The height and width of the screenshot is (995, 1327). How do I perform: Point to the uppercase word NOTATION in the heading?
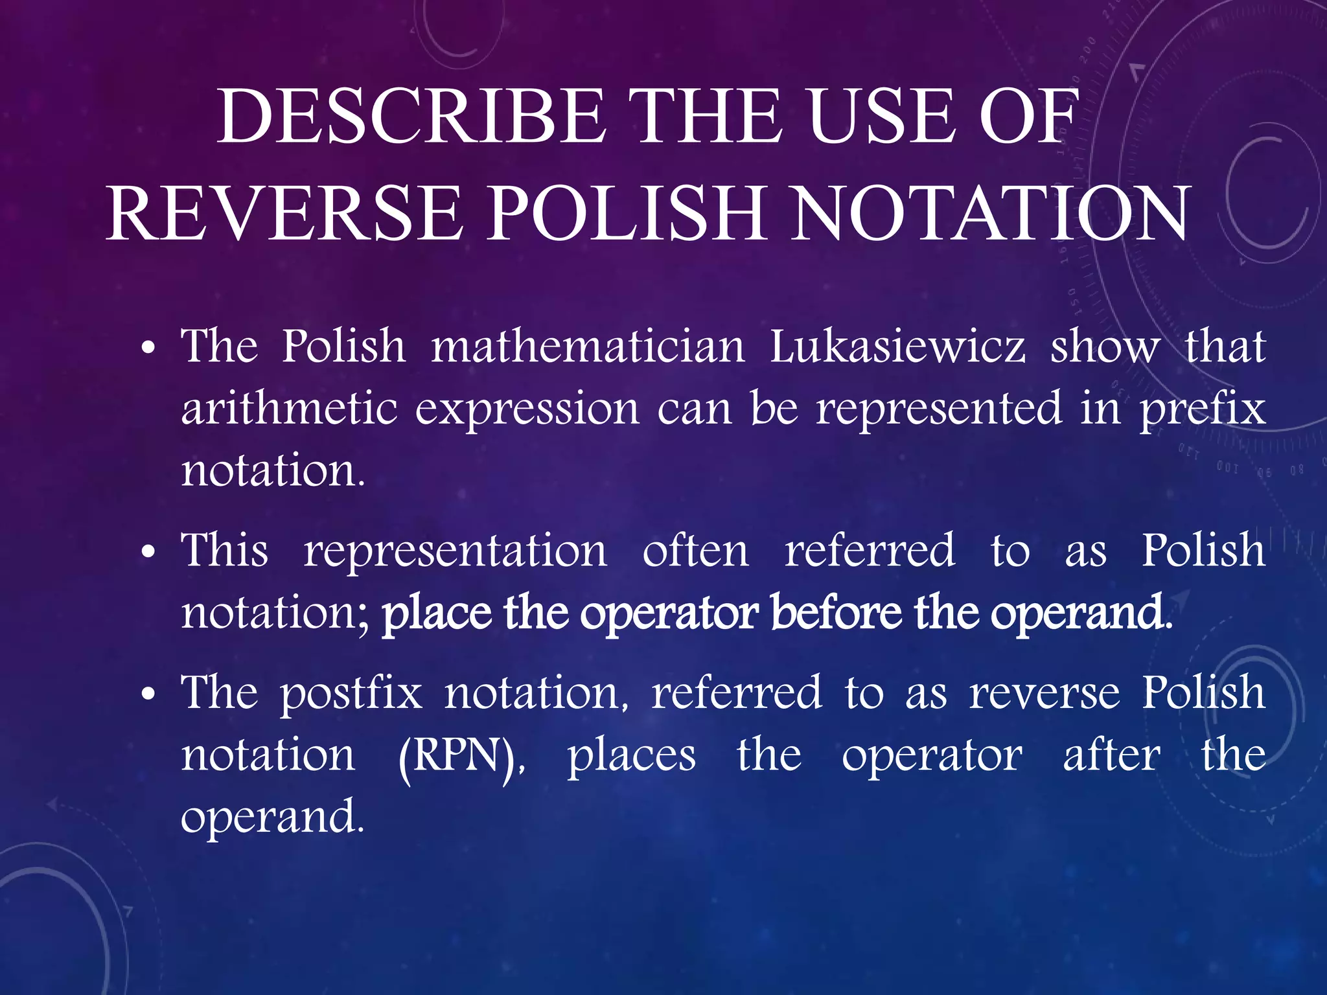pos(991,214)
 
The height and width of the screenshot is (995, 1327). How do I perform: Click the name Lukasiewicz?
pos(897,347)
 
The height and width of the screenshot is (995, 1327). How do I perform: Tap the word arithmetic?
pos(289,409)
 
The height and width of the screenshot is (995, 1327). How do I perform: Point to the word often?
pos(695,551)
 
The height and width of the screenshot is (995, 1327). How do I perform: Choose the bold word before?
pos(836,612)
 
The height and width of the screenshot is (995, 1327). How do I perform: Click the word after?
pos(1112,755)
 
